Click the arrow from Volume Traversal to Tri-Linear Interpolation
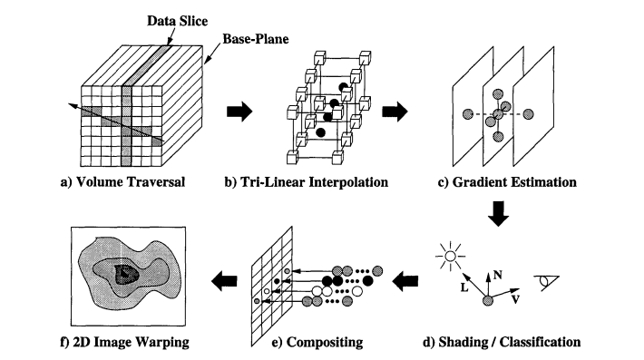238,112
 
